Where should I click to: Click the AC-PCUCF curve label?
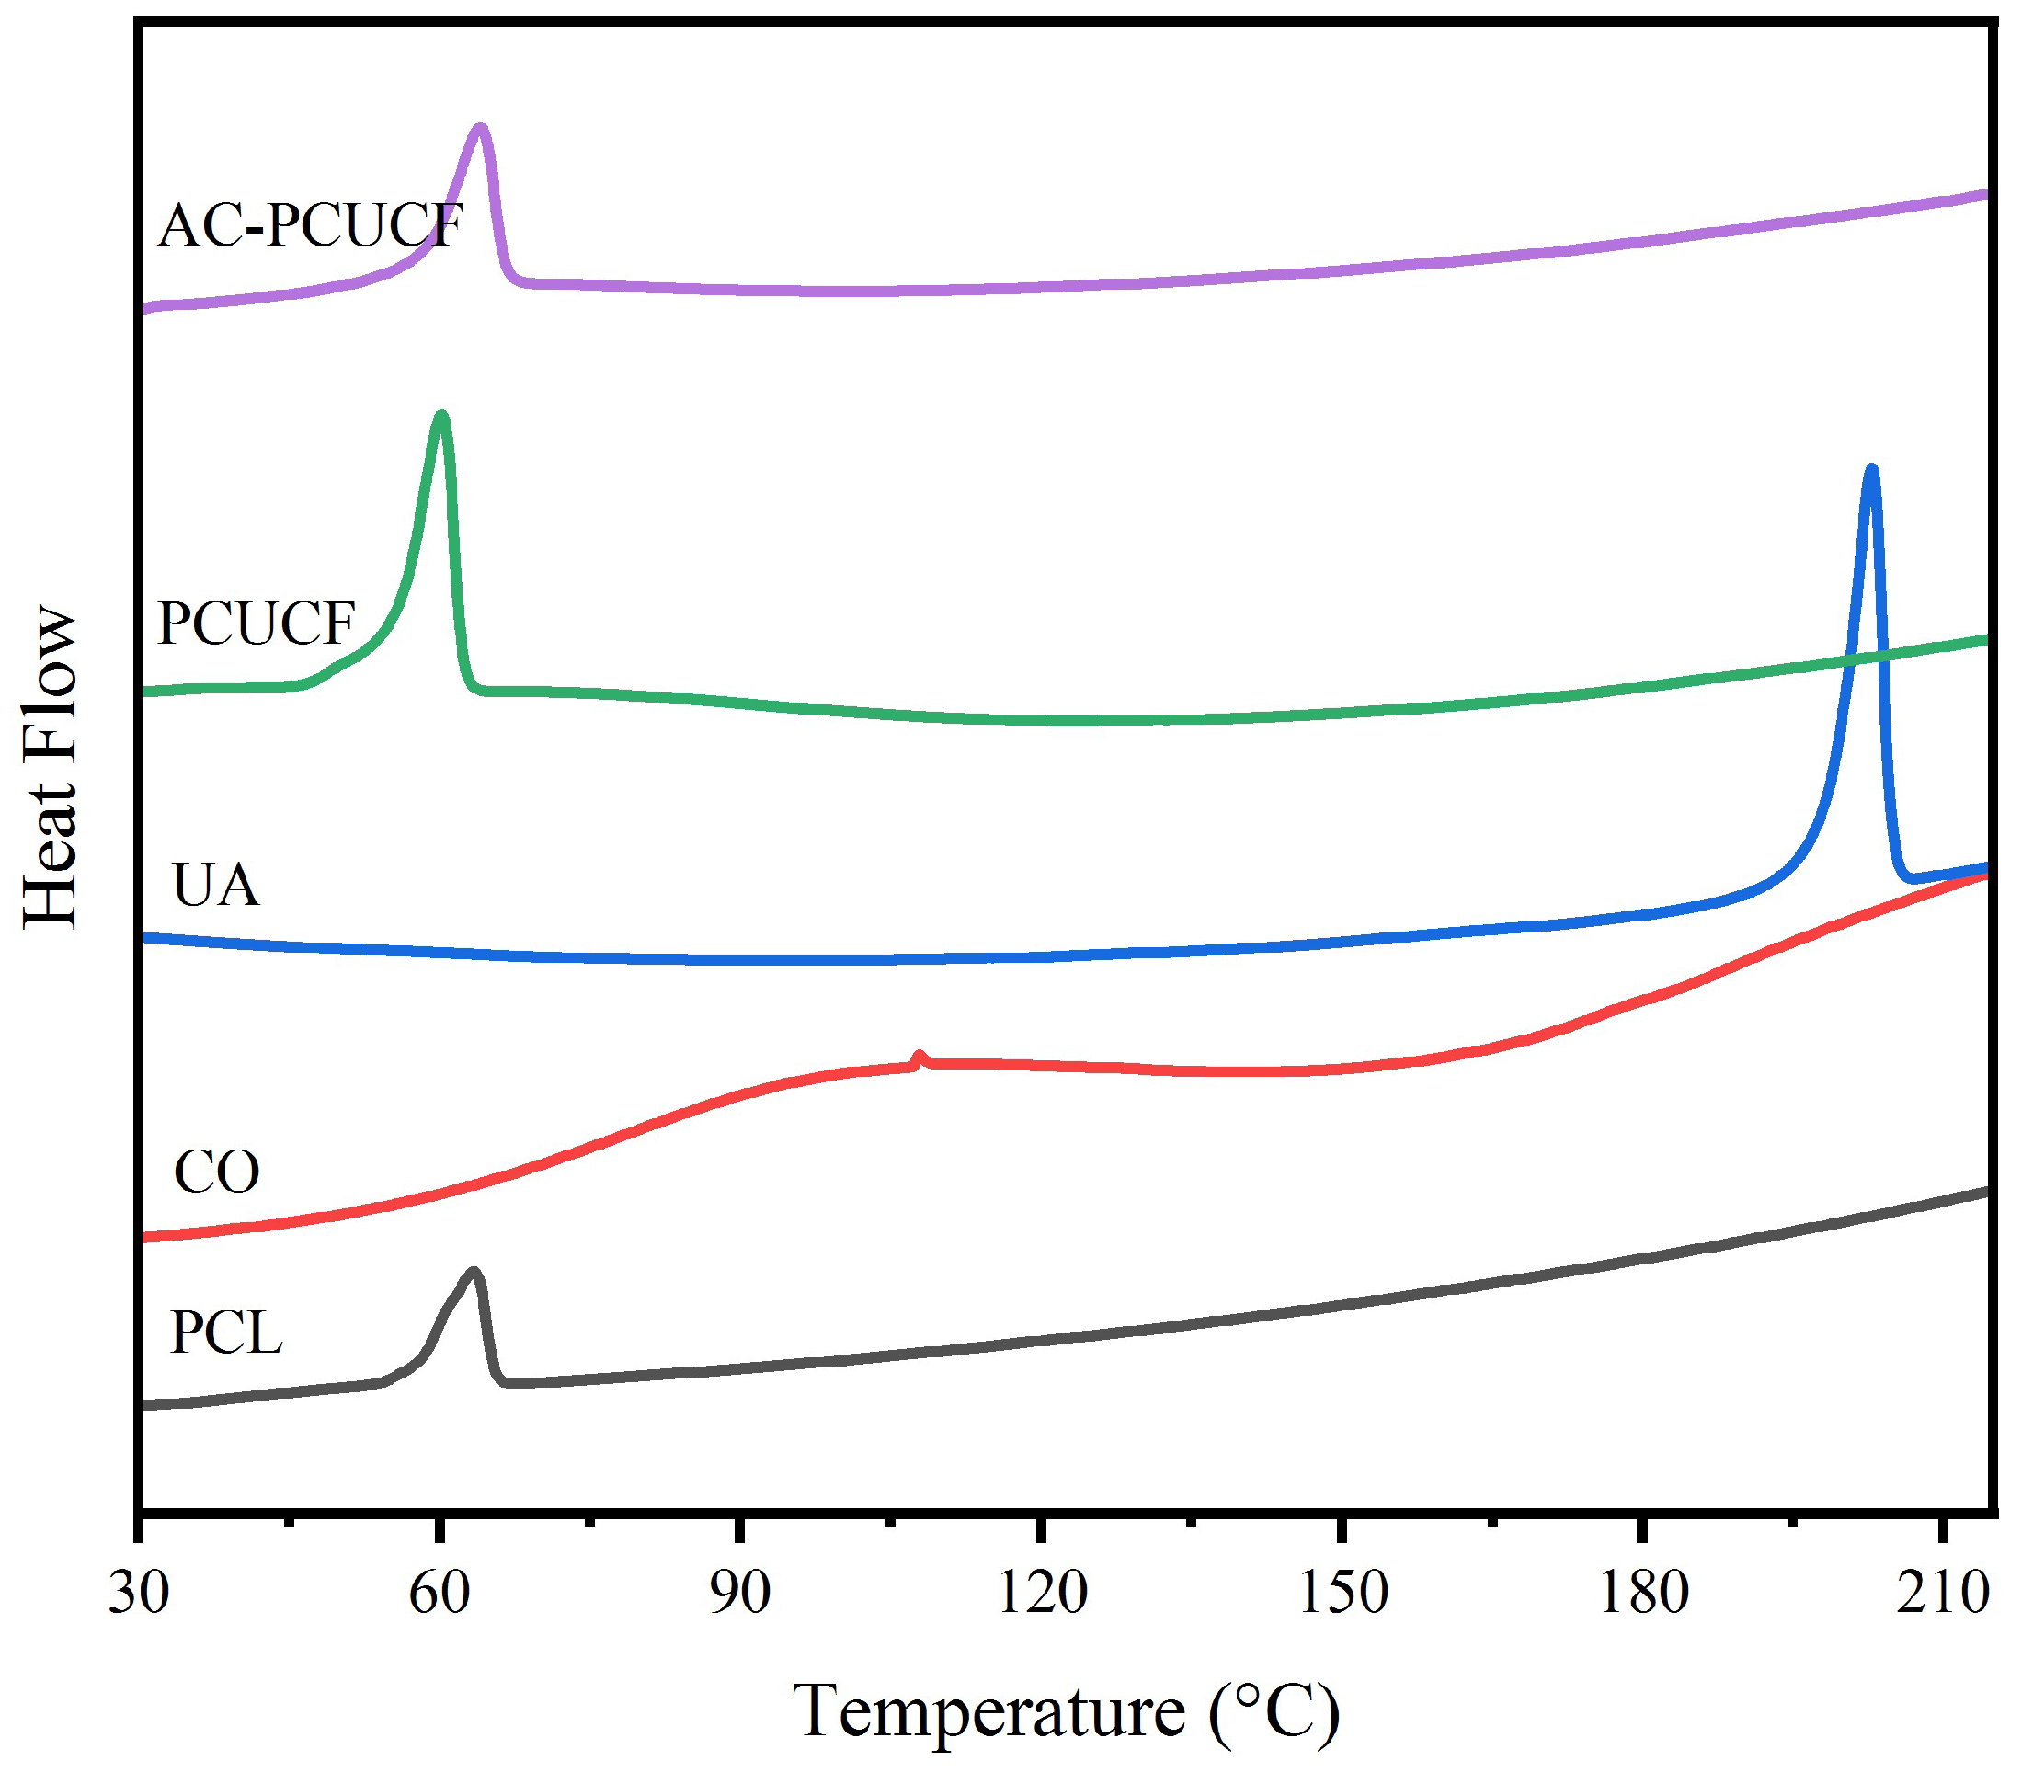[310, 226]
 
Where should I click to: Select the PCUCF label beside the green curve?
[257, 624]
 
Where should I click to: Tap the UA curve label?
[216, 886]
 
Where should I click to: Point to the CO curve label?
[216, 1173]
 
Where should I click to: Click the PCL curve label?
[226, 1333]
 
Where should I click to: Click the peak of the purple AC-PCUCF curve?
[480, 129]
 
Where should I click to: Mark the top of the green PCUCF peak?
[441, 416]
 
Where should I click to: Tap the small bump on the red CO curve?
[919, 1057]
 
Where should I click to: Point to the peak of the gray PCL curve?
[474, 1273]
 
